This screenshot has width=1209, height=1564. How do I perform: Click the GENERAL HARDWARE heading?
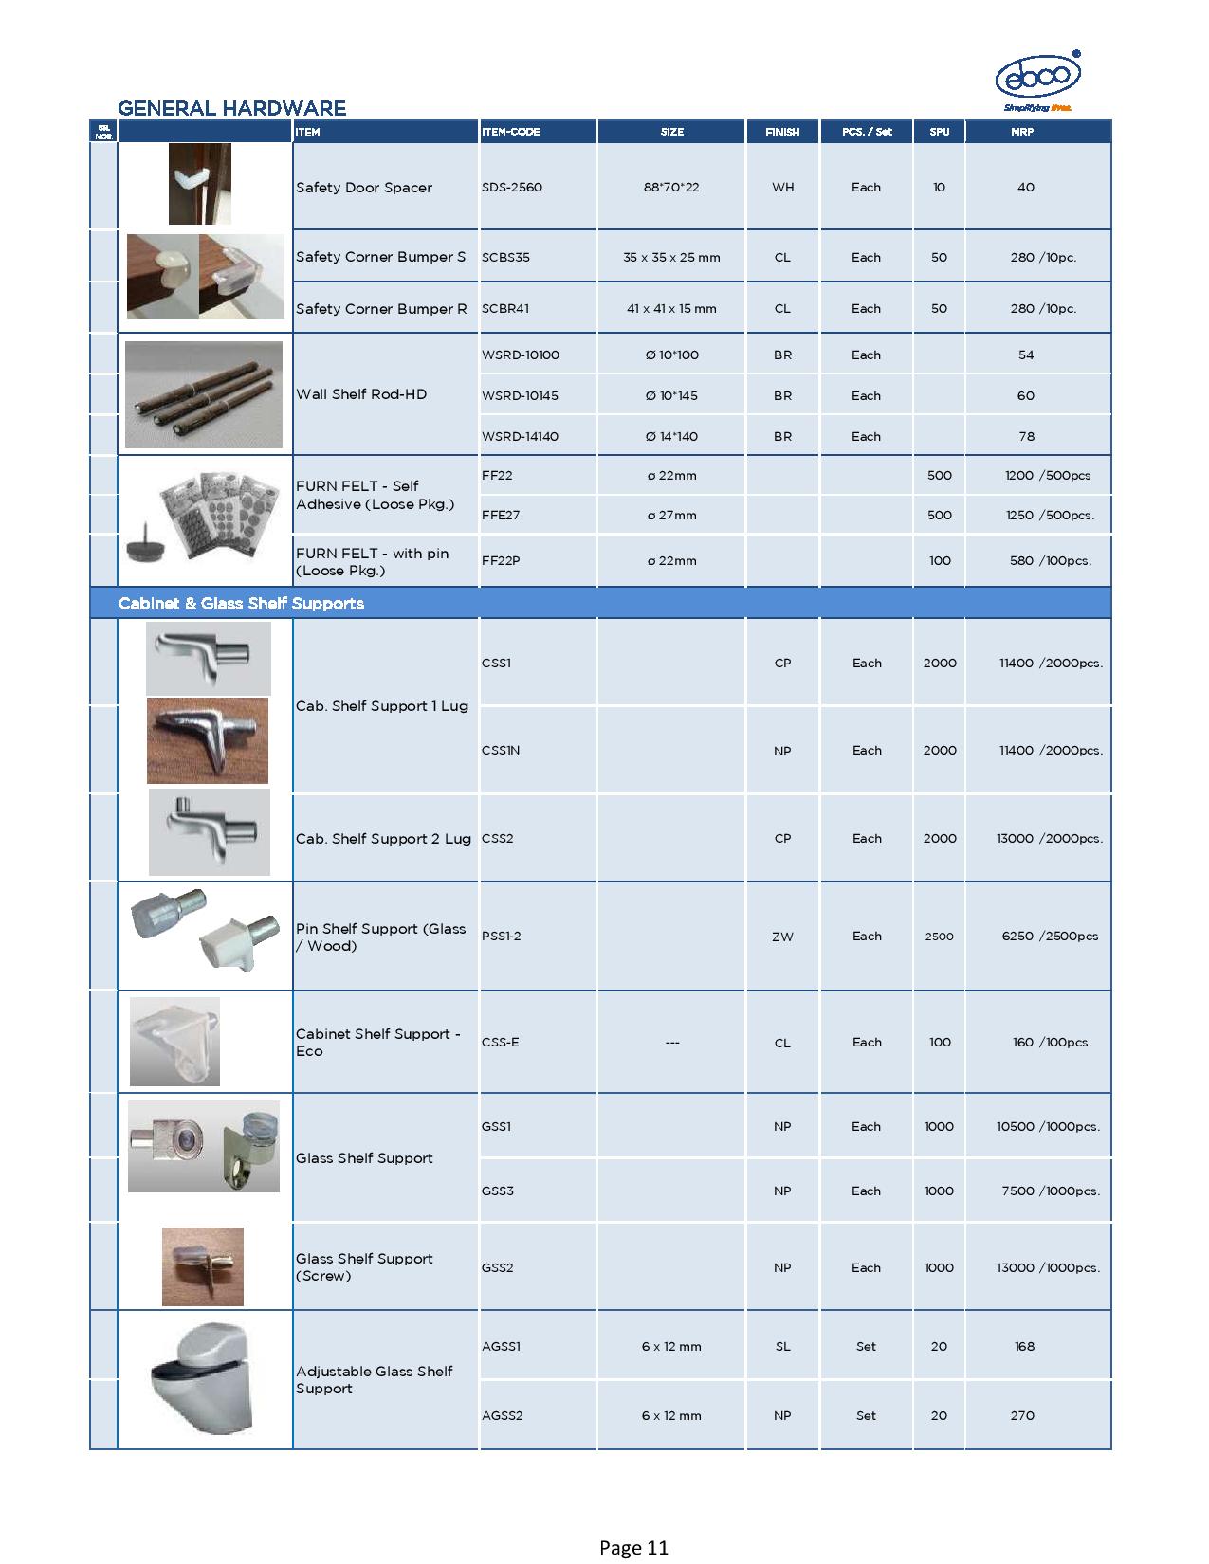[231, 108]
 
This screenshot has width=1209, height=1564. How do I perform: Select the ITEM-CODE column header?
[511, 132]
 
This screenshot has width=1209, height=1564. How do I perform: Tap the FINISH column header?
[782, 132]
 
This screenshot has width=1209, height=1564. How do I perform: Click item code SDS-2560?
[512, 188]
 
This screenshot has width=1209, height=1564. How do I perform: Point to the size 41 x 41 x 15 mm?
[671, 309]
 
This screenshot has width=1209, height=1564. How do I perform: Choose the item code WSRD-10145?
[520, 396]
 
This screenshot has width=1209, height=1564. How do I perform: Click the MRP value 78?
[1026, 437]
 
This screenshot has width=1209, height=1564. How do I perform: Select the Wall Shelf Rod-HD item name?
[361, 394]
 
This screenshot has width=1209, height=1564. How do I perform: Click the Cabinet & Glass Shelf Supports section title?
[241, 604]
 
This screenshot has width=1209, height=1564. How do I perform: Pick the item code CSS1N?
[501, 751]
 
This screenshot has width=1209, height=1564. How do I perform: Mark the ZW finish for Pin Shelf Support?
[782, 937]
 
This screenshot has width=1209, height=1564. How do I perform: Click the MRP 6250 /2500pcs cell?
[1050, 937]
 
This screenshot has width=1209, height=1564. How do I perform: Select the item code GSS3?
[498, 1191]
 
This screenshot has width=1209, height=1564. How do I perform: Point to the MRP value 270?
[1022, 1416]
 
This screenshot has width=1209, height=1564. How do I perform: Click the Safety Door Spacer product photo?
[200, 184]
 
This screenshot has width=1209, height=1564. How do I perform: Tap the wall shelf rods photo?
[204, 394]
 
